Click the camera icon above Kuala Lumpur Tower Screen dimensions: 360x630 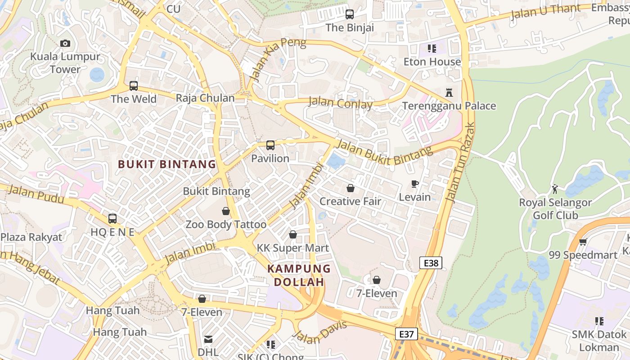coord(65,43)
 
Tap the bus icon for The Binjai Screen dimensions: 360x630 coord(350,14)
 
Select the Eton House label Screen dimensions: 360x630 coord(432,62)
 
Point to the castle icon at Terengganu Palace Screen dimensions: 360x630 coord(449,93)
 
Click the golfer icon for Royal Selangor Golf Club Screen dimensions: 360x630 coord(555,189)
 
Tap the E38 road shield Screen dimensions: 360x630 coord(431,263)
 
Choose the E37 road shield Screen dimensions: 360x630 coord(407,334)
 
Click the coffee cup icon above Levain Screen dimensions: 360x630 coord(414,184)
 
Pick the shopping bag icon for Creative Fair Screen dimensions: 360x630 coord(350,188)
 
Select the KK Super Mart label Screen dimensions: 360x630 coord(292,248)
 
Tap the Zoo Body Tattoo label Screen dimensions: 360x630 coord(226,224)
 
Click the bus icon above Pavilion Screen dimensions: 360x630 coord(270,145)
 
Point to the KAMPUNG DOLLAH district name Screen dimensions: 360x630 coord(299,275)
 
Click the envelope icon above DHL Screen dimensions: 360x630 coord(208,339)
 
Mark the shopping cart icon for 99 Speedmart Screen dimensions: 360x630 coord(583,242)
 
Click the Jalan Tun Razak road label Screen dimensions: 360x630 coord(459,162)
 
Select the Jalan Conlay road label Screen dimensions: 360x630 coord(340,103)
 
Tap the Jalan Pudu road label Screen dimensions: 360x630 coord(36,194)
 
